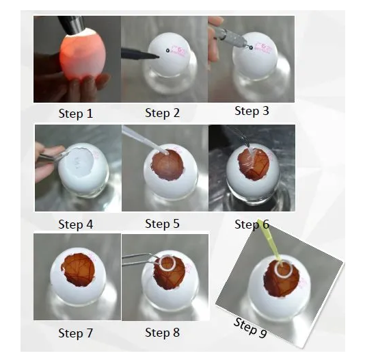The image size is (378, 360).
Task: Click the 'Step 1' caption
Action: (75, 114)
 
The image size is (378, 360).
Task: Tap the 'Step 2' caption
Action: (162, 113)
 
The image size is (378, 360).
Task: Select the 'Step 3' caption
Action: (252, 111)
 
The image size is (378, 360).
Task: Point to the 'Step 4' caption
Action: (75, 224)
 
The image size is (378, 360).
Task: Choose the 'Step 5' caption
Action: (162, 224)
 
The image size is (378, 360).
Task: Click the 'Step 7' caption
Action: (75, 333)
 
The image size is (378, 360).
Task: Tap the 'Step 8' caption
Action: (162, 333)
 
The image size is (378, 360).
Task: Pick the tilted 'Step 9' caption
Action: (250, 328)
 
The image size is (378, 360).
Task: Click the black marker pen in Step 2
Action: (140, 54)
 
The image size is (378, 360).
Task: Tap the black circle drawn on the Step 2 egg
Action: (167, 51)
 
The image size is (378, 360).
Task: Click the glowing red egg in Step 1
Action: (83, 54)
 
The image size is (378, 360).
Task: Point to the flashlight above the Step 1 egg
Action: (72, 23)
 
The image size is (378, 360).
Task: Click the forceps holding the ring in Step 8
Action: (140, 259)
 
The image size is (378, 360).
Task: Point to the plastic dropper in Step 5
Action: (145, 140)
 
